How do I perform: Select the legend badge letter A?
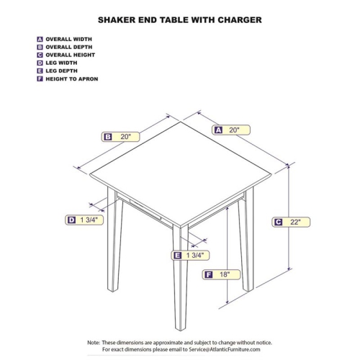pyautogui.click(x=39, y=39)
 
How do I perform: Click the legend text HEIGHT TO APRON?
pyautogui.click(x=71, y=78)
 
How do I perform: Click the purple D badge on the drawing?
pyautogui.click(x=71, y=220)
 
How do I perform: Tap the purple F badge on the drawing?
pyautogui.click(x=208, y=274)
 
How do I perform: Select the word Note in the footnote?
pyautogui.click(x=95, y=342)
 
